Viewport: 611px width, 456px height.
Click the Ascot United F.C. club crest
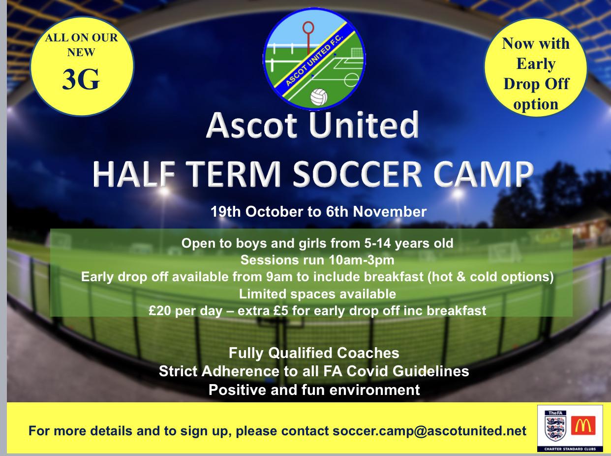(x=314, y=59)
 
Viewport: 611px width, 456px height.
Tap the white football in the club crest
(x=319, y=97)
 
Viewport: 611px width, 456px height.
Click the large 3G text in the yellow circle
(x=81, y=80)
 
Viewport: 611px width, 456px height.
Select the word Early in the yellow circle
(x=536, y=64)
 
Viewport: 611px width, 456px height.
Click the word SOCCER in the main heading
(x=358, y=174)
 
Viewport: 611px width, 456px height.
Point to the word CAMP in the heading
(x=484, y=174)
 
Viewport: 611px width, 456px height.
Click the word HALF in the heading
(x=134, y=174)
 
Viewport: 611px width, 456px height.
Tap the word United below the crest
(x=364, y=125)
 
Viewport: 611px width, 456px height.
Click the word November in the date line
(x=390, y=212)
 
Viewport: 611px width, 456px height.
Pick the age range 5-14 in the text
(x=377, y=243)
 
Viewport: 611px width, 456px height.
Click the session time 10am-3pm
(x=362, y=261)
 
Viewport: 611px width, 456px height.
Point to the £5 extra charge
(x=280, y=311)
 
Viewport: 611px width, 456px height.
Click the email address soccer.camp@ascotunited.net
(x=429, y=431)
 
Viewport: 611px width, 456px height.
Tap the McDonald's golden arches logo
(x=583, y=425)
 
